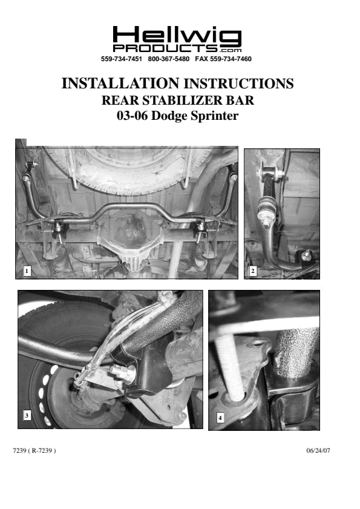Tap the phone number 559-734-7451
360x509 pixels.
point(122,59)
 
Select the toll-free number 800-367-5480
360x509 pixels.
point(168,59)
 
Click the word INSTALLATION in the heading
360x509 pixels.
point(120,84)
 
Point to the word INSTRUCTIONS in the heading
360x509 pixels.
point(239,84)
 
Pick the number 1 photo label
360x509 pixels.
point(27,271)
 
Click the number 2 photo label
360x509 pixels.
point(253,271)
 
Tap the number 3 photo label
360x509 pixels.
point(27,415)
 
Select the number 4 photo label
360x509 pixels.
point(220,418)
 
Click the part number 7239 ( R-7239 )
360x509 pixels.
point(34,450)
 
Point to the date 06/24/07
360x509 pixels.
point(318,450)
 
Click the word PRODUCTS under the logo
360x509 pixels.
point(165,48)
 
